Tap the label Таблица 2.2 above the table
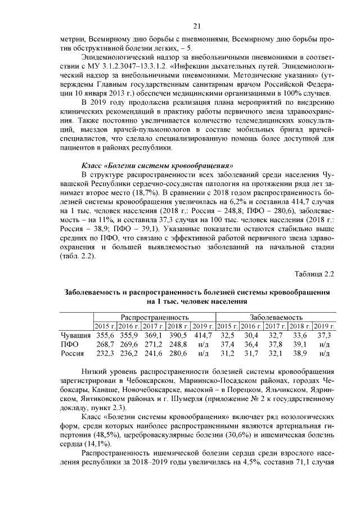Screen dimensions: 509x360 pyautogui.click(x=314, y=274)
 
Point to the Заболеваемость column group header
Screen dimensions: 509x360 pyautogui.click(x=276, y=317)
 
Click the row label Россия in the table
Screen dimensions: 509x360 pyautogui.click(x=73, y=353)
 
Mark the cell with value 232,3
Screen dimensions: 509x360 pyautogui.click(x=105, y=353)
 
